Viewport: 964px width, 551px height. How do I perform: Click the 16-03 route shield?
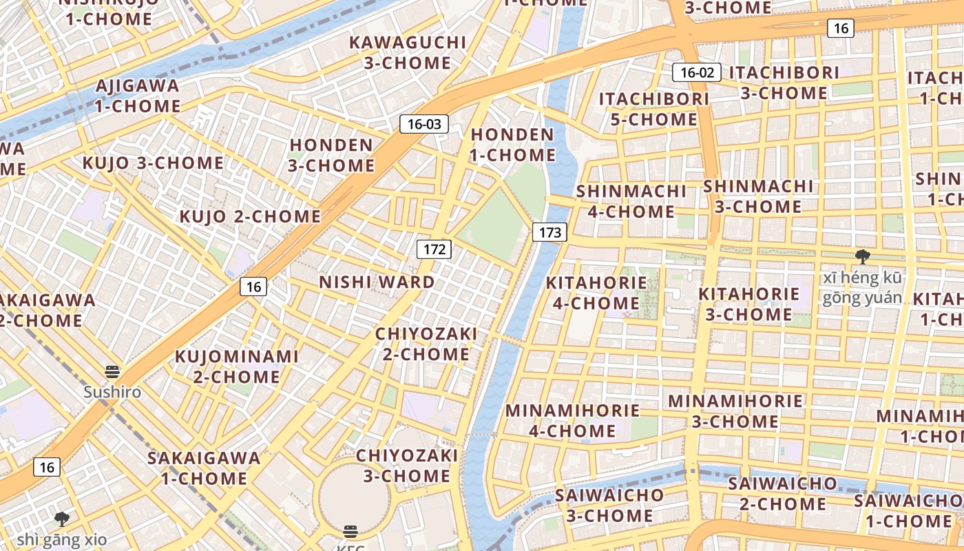[424, 124]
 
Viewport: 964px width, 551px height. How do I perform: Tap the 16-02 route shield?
[697, 72]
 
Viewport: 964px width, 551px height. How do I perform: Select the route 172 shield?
[434, 249]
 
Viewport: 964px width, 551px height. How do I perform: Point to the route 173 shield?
[549, 233]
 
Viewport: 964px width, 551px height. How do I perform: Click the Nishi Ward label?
[377, 282]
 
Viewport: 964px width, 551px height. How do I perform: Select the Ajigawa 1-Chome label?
[138, 96]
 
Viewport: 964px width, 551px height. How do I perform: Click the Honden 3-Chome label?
[332, 156]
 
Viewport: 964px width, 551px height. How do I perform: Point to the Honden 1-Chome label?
[512, 145]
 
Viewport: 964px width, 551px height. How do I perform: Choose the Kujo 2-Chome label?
[250, 216]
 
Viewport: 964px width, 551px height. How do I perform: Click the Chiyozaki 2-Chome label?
[426, 344]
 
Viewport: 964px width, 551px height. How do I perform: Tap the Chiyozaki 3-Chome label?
[407, 466]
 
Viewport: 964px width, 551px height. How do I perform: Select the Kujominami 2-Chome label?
[236, 366]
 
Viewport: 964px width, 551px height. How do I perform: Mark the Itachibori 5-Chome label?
[653, 109]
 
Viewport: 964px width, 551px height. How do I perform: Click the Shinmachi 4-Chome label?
[631, 201]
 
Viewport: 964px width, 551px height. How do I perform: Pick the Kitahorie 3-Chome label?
[748, 304]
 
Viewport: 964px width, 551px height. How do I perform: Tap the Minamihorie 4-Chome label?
[572, 421]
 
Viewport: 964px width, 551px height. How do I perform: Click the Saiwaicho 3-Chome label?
[609, 505]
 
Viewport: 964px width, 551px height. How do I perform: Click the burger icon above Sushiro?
[113, 373]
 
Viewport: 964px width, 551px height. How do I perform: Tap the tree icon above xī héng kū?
[862, 258]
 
